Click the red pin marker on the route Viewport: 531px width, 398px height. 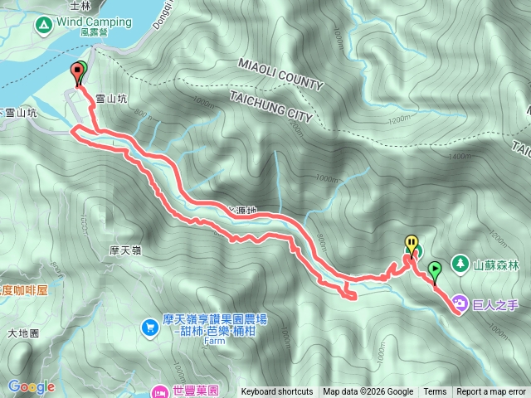click(79, 71)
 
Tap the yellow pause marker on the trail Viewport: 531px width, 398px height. click(411, 243)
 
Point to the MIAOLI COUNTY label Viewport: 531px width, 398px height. click(280, 74)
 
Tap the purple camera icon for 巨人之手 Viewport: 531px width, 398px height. click(459, 304)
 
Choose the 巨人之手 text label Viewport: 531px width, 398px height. click(495, 304)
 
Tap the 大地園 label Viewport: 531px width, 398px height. click(23, 334)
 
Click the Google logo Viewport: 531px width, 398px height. click(32, 386)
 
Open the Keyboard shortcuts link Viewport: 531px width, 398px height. click(276, 392)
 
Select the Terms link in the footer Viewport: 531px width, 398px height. click(435, 392)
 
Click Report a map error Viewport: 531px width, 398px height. click(491, 392)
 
